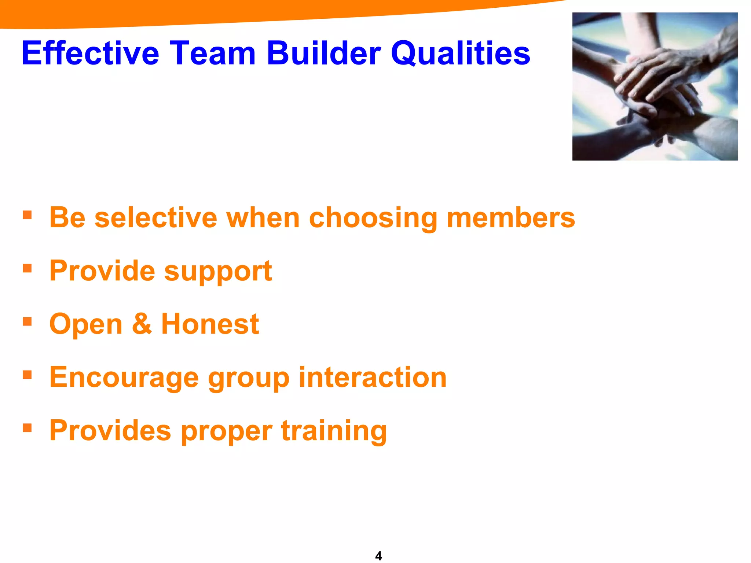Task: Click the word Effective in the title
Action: click(90, 54)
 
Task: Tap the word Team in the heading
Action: click(212, 54)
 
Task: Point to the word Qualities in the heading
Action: click(461, 54)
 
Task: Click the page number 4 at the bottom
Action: click(378, 556)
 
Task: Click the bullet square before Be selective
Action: click(27, 214)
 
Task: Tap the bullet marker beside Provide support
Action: click(27, 268)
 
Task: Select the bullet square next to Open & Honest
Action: click(27, 321)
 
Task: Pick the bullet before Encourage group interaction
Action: click(27, 375)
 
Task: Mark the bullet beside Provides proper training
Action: click(27, 428)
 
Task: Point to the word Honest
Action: click(210, 324)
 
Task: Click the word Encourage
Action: click(124, 378)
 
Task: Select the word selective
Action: click(156, 218)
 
